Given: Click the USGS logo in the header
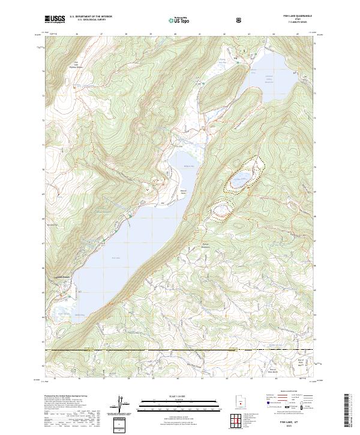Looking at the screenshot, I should point(55,20).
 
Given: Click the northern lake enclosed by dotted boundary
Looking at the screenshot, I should point(242,179).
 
